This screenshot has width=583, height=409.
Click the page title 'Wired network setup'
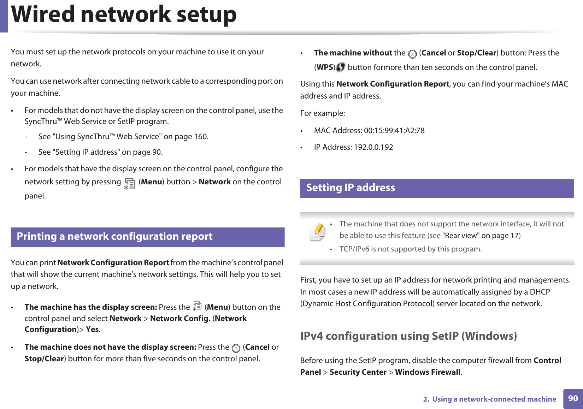(124, 15)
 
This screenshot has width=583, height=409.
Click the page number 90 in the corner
(573, 399)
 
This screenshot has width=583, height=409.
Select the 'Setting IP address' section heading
(351, 188)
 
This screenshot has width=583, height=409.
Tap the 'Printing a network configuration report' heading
(114, 237)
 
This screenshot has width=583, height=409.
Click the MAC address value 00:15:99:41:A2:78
(394, 131)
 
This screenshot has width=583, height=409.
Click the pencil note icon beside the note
(317, 232)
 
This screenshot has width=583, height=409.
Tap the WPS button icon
(341, 67)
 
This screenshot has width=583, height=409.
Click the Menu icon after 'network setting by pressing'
(130, 183)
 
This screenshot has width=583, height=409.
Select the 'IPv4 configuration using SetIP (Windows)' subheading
(408, 336)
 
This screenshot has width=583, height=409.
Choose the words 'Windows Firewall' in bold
(428, 372)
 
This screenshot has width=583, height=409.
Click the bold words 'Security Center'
(358, 372)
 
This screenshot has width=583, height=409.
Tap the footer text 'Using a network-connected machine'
(494, 399)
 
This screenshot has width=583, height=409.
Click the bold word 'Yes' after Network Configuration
(92, 330)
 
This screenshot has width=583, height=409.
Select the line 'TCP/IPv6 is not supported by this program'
(410, 249)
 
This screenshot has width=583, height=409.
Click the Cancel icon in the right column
(412, 54)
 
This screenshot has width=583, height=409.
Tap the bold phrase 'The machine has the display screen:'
(91, 307)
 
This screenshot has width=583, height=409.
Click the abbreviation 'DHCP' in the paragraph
(540, 292)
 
